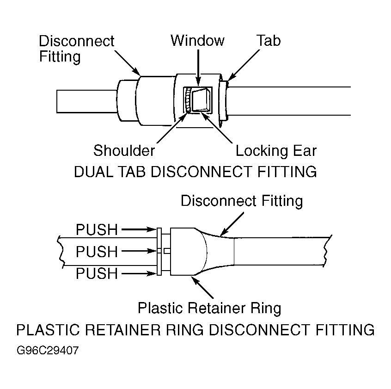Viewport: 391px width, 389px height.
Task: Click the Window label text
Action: click(x=197, y=41)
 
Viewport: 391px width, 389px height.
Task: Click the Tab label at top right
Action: click(x=269, y=41)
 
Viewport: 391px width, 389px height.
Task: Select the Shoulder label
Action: click(x=124, y=150)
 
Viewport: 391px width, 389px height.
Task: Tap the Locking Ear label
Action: click(x=276, y=150)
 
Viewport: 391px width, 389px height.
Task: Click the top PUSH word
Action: click(x=97, y=229)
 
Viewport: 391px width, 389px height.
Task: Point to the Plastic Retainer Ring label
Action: click(x=209, y=308)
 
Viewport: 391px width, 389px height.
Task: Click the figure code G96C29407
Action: click(x=48, y=350)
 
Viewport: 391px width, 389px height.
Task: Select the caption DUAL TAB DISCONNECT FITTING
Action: click(x=195, y=172)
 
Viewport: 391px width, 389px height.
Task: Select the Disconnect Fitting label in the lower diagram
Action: click(x=241, y=201)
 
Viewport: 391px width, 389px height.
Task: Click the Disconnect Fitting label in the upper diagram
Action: click(x=76, y=49)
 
